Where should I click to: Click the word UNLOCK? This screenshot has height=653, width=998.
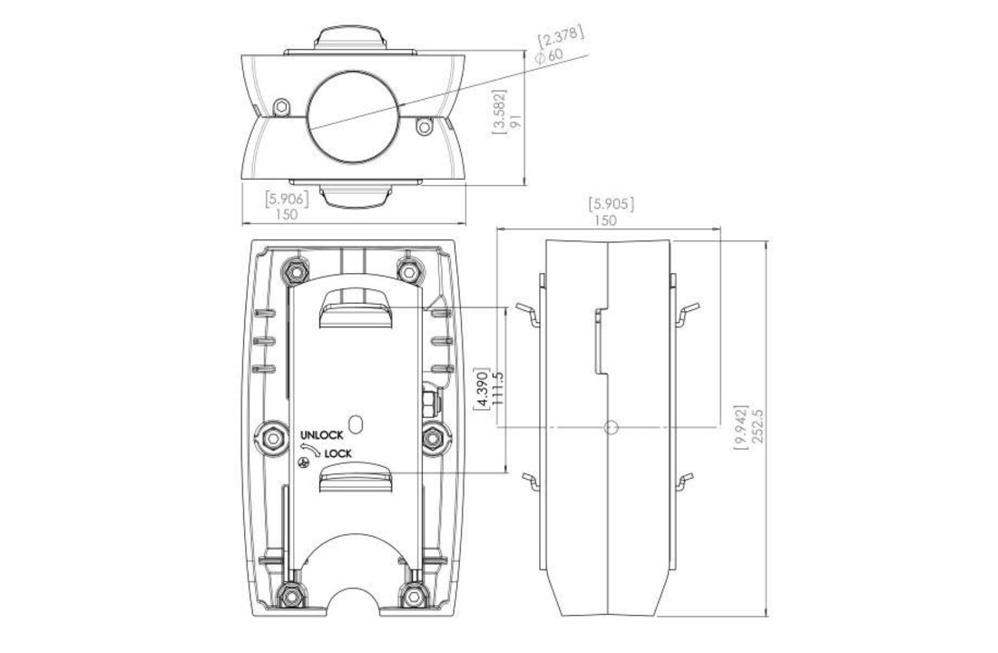321,436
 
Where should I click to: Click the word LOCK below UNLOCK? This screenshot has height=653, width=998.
338,453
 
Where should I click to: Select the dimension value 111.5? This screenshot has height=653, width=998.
496,391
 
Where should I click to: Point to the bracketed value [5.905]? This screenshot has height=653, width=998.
611,204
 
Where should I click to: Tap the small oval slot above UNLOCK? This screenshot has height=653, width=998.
356,424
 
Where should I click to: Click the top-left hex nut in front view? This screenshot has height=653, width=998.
292,270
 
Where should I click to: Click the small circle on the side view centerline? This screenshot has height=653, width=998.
611,427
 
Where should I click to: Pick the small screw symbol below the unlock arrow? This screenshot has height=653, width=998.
306,463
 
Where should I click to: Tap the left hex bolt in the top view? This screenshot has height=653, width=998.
281,106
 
